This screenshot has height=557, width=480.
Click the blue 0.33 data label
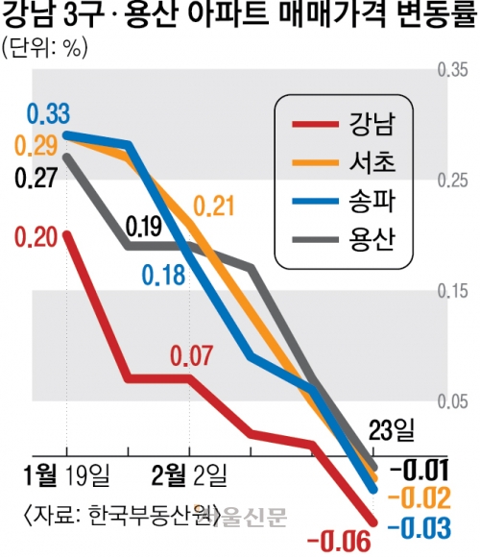click(x=48, y=113)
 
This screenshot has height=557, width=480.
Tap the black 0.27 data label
click(x=35, y=178)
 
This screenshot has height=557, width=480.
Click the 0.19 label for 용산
click(x=146, y=228)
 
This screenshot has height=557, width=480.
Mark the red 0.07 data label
click(x=191, y=355)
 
